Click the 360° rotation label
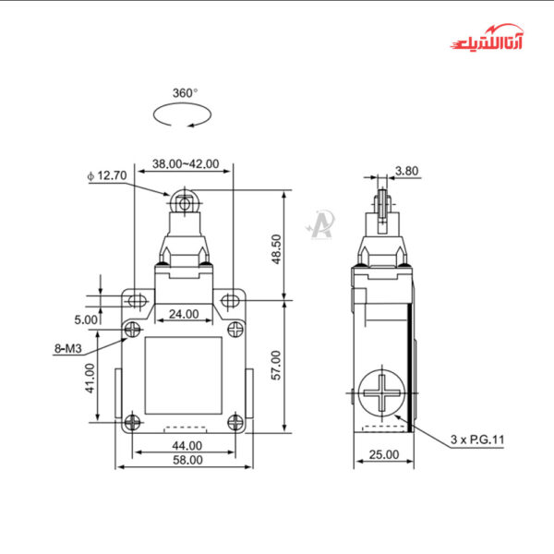[x=185, y=92]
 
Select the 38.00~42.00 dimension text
[x=185, y=164]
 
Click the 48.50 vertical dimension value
[x=300, y=247]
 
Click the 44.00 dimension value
[x=181, y=446]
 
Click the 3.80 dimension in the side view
[x=406, y=171]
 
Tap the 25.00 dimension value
[x=383, y=453]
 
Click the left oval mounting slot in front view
[x=136, y=300]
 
